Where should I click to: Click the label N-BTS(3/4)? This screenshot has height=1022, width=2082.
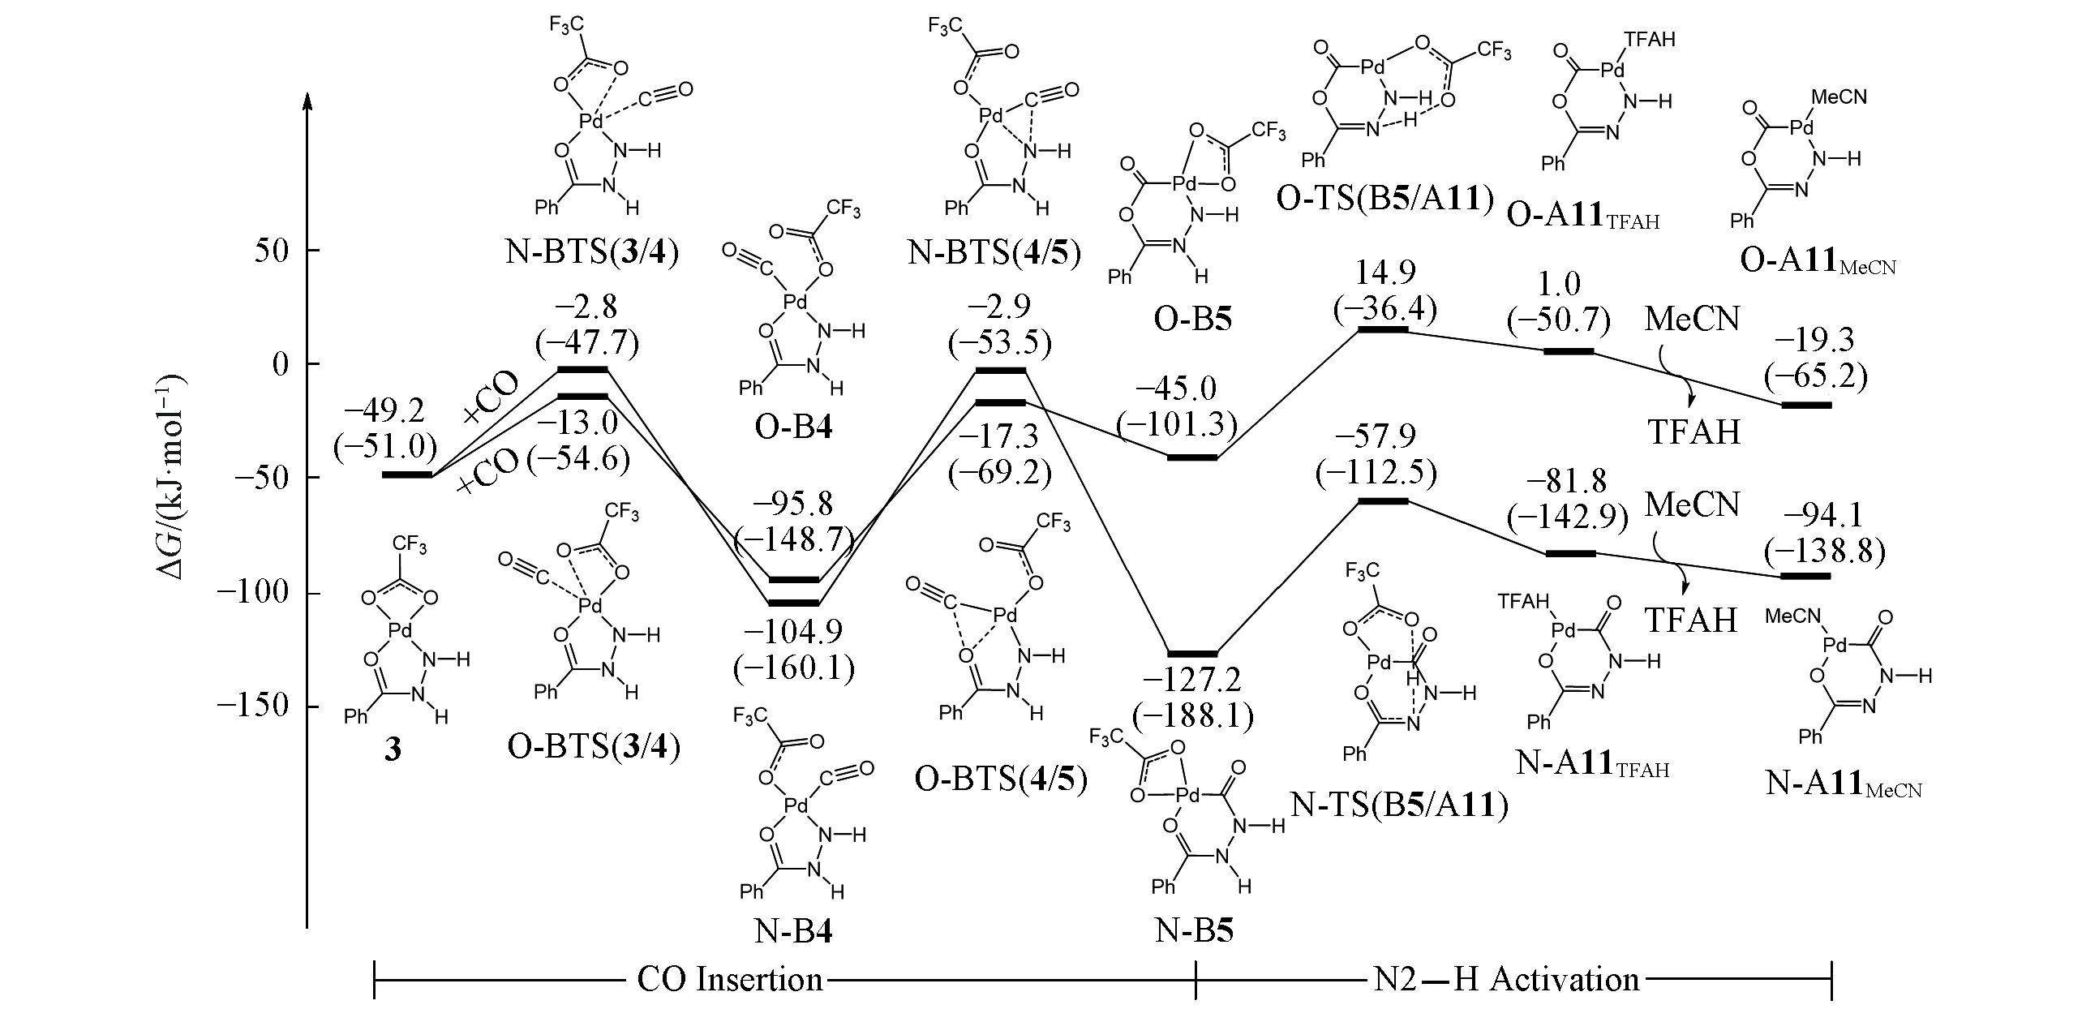[592, 252]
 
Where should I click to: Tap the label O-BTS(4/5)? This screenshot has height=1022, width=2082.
[1001, 779]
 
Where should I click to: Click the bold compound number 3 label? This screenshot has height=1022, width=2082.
[393, 749]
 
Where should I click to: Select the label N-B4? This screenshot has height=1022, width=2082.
[793, 932]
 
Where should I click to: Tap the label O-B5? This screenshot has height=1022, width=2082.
[1192, 319]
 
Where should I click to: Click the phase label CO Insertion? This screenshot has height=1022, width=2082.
[730, 980]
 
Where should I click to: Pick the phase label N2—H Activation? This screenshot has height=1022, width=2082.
[1507, 980]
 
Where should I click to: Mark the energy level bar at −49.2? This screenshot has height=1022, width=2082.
[406, 474]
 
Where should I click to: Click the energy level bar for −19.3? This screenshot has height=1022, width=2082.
[1805, 404]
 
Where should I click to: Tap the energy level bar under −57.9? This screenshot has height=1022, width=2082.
[1383, 501]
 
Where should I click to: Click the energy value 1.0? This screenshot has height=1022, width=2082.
[1559, 284]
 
